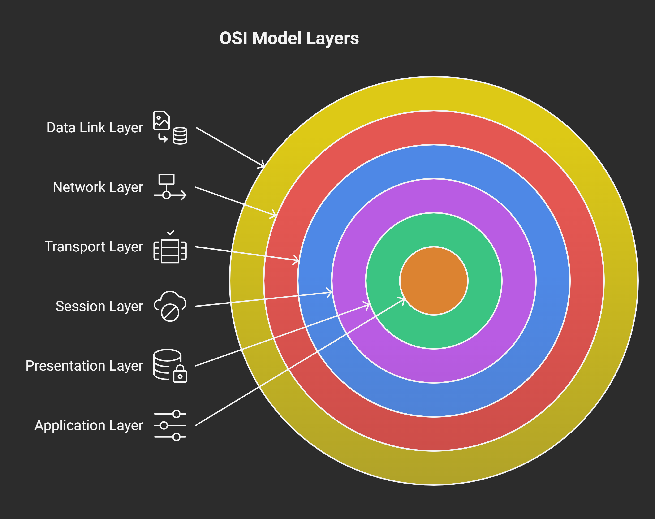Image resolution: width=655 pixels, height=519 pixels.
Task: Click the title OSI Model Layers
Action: pyautogui.click(x=289, y=39)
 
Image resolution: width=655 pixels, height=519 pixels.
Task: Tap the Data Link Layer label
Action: pyautogui.click(x=95, y=128)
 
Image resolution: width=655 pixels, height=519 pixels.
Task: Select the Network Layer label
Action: pyautogui.click(x=98, y=187)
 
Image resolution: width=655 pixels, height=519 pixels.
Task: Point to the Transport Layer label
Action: pyautogui.click(x=94, y=247)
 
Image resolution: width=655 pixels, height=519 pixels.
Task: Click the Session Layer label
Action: pyautogui.click(x=99, y=306)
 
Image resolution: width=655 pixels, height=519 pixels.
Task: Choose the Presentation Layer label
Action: pyautogui.click(x=84, y=366)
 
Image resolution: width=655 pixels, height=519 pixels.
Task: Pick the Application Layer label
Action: pyautogui.click(x=88, y=425)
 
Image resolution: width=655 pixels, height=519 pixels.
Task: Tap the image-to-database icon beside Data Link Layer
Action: pyautogui.click(x=170, y=128)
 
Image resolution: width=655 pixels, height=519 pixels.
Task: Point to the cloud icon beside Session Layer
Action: pyautogui.click(x=170, y=306)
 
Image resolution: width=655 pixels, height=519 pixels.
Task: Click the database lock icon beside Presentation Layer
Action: pyautogui.click(x=170, y=366)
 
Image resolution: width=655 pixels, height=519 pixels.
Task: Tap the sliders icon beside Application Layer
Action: pyautogui.click(x=170, y=425)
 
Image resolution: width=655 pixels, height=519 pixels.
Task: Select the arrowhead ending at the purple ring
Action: pyautogui.click(x=329, y=293)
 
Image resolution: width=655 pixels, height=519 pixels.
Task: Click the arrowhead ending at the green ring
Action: pyautogui.click(x=367, y=305)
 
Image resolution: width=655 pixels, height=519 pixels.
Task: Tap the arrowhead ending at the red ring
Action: pyautogui.click(x=273, y=215)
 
